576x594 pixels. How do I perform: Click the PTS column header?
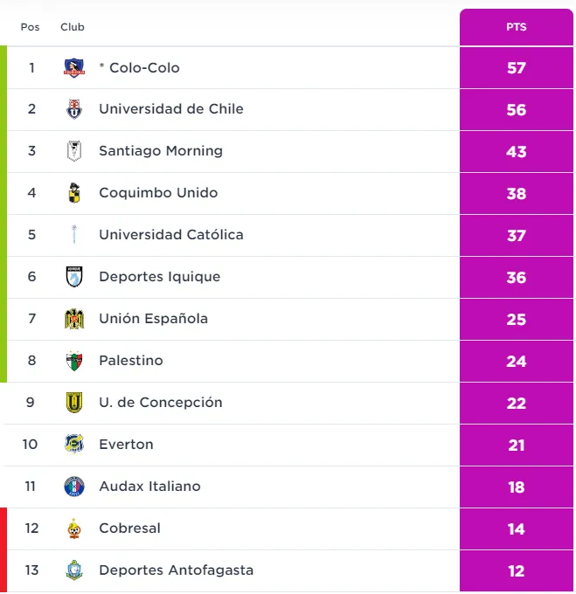tap(516, 27)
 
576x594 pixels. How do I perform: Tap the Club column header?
tap(73, 27)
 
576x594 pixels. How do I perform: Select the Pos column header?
tap(31, 27)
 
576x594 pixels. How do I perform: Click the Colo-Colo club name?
tap(144, 67)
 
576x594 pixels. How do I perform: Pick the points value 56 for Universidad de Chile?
tap(516, 109)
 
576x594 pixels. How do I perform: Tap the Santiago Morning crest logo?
tap(74, 151)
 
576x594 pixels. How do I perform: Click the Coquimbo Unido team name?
tap(158, 193)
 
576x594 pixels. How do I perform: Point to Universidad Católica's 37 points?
tap(516, 235)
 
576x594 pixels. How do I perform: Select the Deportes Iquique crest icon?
tap(74, 277)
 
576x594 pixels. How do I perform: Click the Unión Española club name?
tap(153, 319)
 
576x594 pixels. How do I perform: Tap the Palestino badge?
tap(74, 361)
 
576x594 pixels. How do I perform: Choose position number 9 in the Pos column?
tap(31, 403)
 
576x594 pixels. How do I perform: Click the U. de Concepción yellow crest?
tap(74, 403)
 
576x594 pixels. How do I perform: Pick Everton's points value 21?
tap(516, 445)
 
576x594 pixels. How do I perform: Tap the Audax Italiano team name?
tap(149, 487)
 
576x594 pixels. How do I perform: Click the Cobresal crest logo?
tap(74, 528)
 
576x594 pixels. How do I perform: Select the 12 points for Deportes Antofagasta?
tap(516, 570)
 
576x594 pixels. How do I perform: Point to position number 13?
tap(31, 570)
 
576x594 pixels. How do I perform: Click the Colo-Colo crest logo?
tap(74, 67)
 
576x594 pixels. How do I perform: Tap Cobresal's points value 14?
tap(516, 528)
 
